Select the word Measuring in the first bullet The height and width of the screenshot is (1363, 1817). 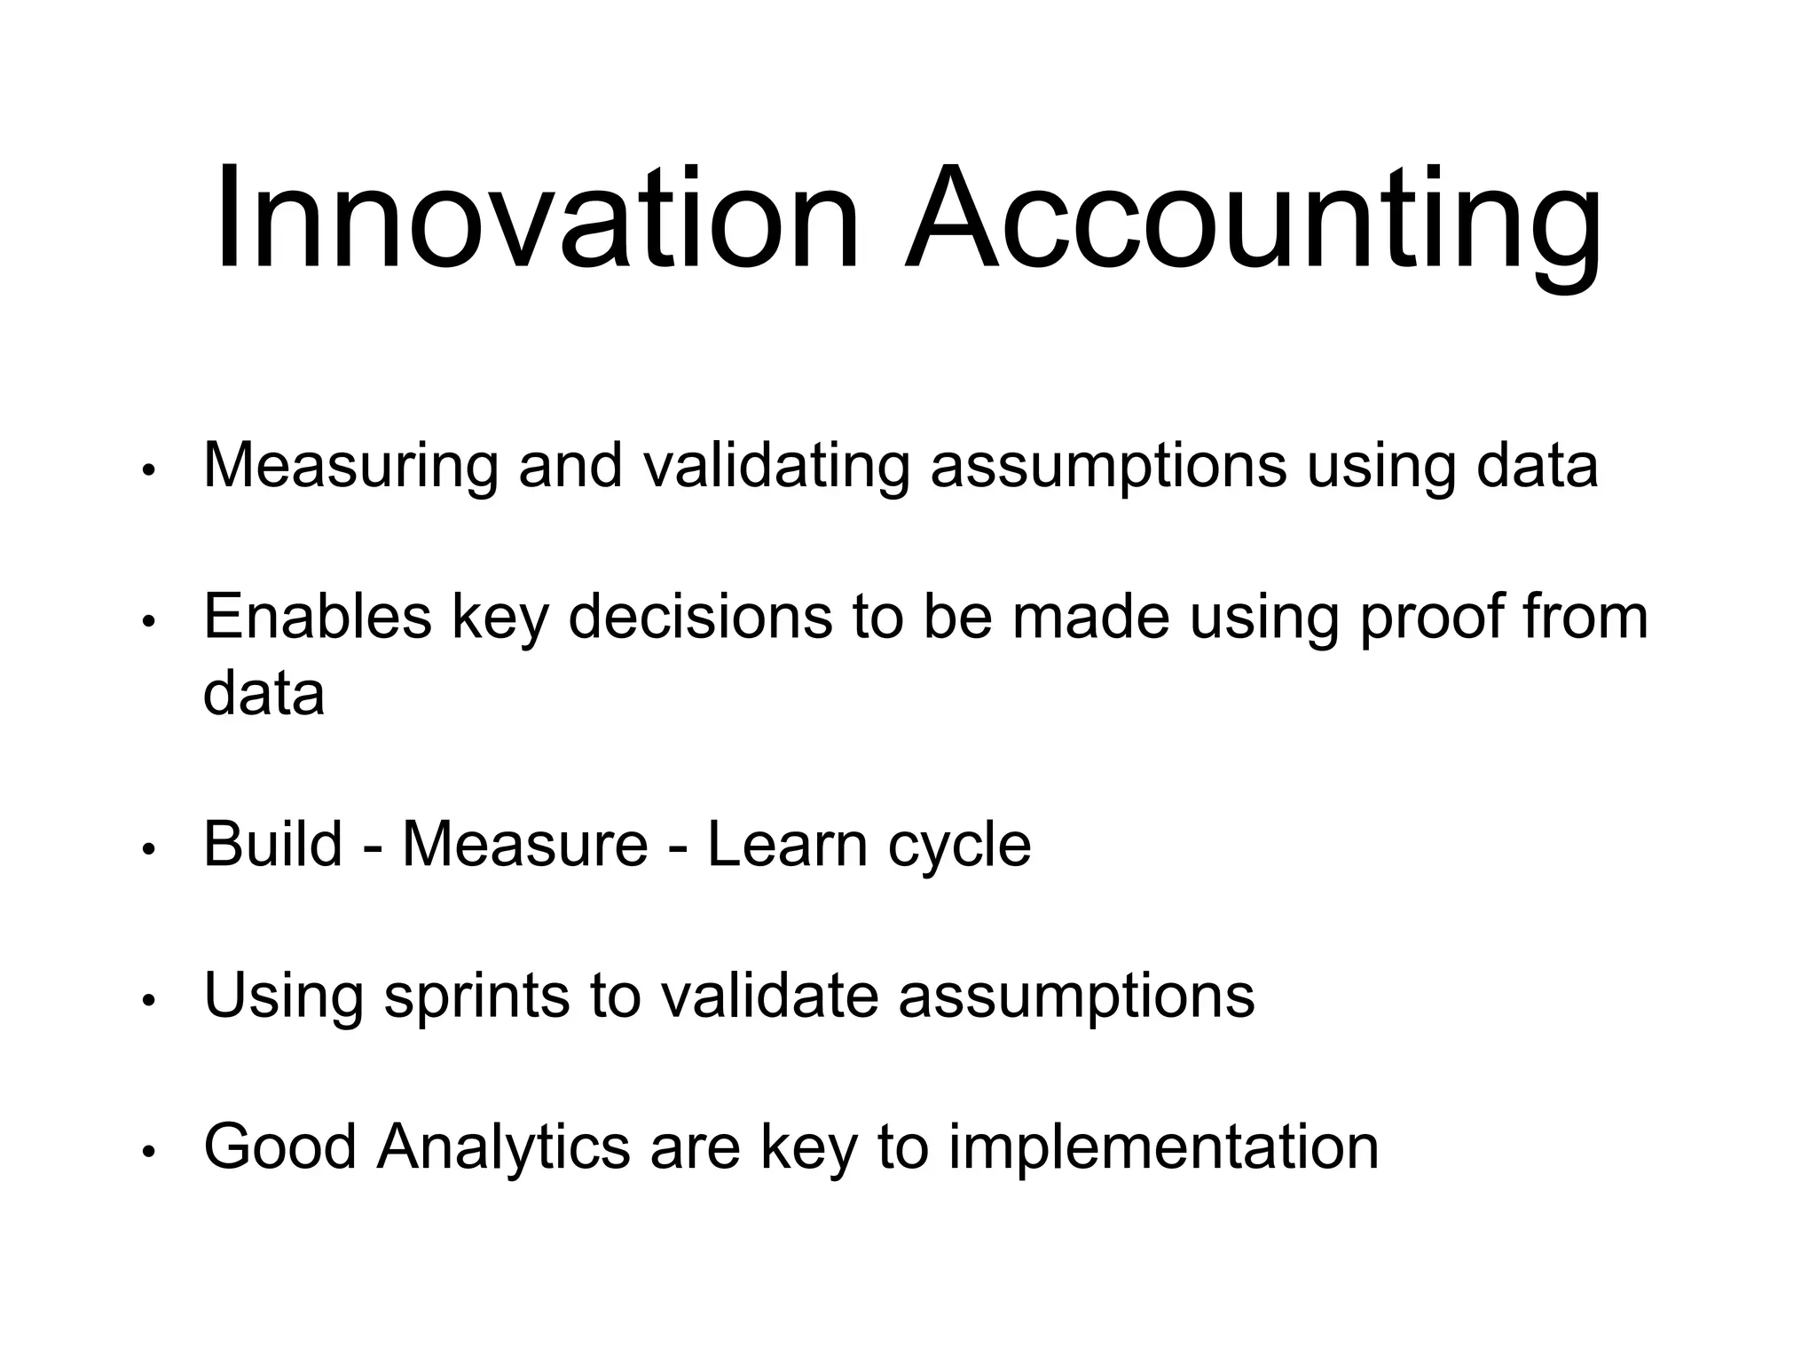pyautogui.click(x=350, y=466)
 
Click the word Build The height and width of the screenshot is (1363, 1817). pyautogui.click(x=272, y=844)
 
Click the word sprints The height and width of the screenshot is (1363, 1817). pyautogui.click(x=476, y=996)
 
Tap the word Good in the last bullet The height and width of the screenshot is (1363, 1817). pyautogui.click(x=279, y=1146)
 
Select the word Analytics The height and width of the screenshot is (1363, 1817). pyautogui.click(x=503, y=1148)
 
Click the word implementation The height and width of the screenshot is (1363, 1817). pyautogui.click(x=1163, y=1148)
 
